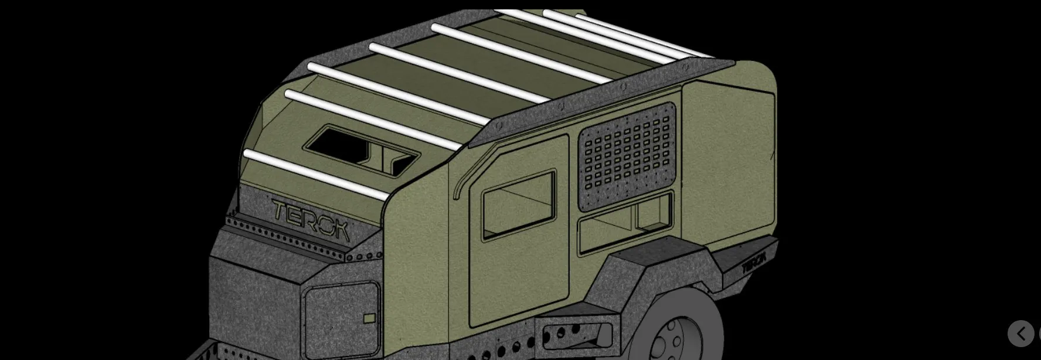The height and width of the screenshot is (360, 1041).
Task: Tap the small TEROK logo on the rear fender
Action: pyautogui.click(x=754, y=262)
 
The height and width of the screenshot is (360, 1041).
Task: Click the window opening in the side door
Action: pyautogui.click(x=518, y=204)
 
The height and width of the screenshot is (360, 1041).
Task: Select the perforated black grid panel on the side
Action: pyautogui.click(x=627, y=156)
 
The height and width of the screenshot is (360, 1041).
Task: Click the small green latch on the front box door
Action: pyautogui.click(x=369, y=318)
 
